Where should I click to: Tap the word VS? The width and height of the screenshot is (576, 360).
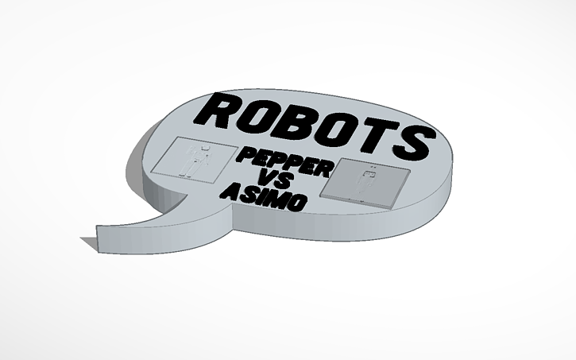click(x=269, y=180)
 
